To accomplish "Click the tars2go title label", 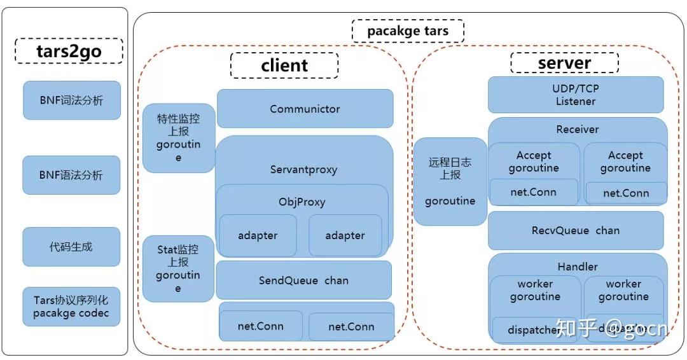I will pos(68,51).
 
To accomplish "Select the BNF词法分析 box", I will pos(71,100).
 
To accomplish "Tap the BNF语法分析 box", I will pos(71,175).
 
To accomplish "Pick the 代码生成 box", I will pos(71,246).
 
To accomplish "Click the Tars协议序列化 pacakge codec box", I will pos(71,307).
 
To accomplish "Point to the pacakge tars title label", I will pos(408,31).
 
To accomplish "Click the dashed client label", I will pos(284,65).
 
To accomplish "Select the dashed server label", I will pos(564,63).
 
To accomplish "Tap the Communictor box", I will pos(305,109).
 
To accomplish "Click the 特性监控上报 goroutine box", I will pos(178,138).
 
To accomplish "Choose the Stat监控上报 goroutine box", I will pos(178,269).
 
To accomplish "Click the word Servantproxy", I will pos(303,170).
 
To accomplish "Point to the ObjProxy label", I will pos(302,202).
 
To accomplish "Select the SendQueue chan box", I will pos(303,280).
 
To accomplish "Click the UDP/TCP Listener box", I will pos(576,95).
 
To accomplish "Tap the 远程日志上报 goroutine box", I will pos(450,182).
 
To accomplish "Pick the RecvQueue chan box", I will pos(576,230).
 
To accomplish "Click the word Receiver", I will pos(577,129).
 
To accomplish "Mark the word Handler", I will pos(577,267).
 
